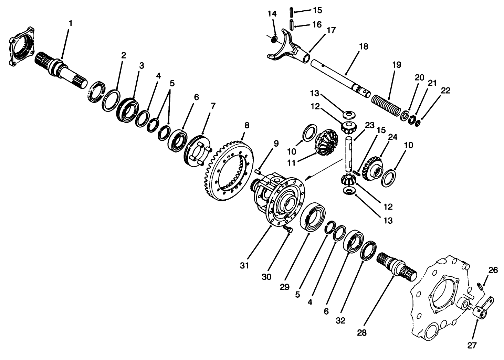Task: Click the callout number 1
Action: (x=71, y=23)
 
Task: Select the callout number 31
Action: (x=244, y=265)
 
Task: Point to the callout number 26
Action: (x=493, y=271)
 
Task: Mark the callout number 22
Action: (x=445, y=91)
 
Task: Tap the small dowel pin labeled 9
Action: (x=259, y=171)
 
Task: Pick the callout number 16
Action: (x=317, y=24)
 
